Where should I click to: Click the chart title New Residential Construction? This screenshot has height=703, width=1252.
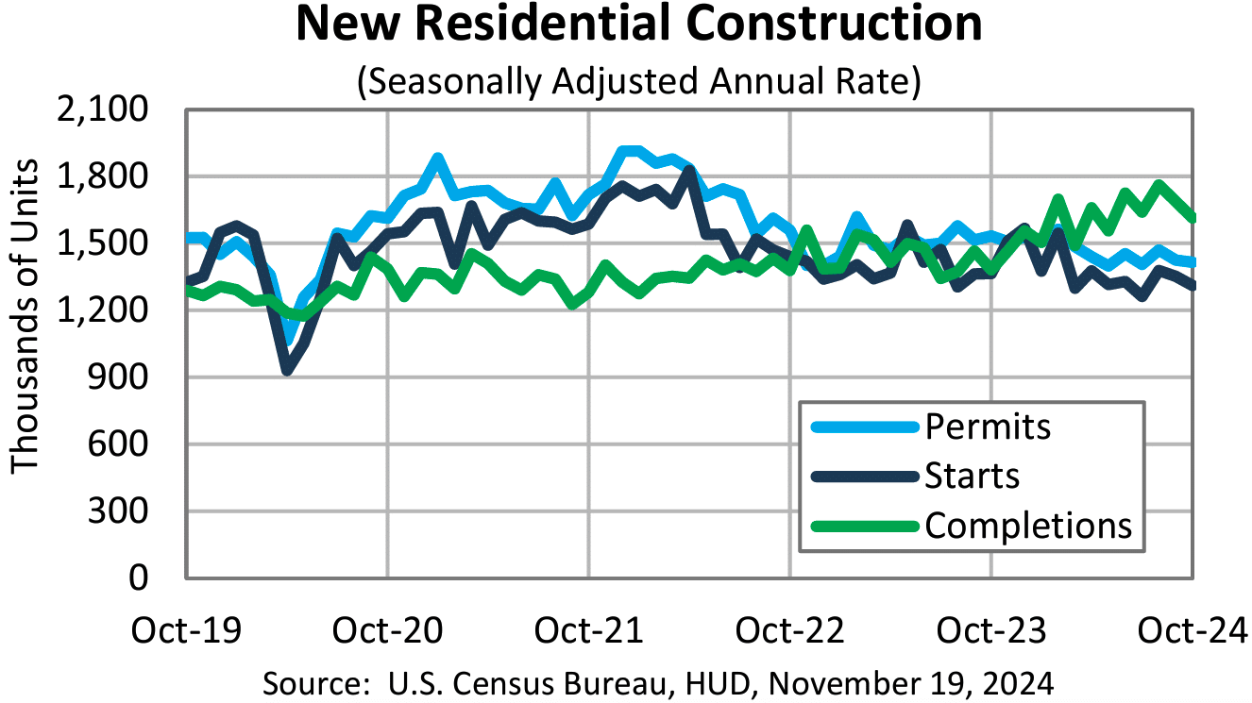click(x=639, y=25)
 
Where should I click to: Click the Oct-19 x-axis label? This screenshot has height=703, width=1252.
click(x=187, y=629)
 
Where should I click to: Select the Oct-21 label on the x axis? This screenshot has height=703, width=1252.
click(x=589, y=629)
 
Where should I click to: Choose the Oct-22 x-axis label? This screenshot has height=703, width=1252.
click(x=790, y=629)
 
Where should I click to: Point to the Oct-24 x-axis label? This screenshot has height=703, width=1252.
click(x=1192, y=629)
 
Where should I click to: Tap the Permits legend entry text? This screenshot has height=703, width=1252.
click(x=988, y=427)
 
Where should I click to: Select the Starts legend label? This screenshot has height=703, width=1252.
click(x=973, y=476)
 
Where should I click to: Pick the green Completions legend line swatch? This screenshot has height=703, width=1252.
click(x=863, y=526)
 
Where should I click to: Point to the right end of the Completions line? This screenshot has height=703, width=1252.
click(x=1193, y=218)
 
